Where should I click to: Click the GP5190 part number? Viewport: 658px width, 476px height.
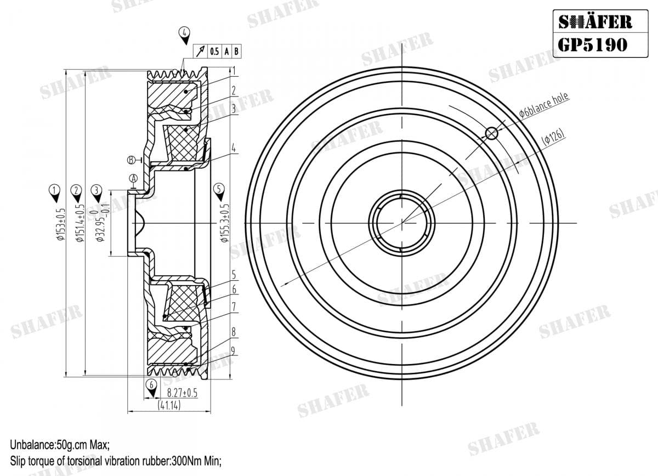592,45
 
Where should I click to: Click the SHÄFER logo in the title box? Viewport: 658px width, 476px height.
595,22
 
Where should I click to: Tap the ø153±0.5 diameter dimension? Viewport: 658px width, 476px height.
61,224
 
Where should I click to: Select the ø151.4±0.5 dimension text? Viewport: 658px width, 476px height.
80,223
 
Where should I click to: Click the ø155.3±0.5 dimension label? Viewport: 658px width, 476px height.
225,223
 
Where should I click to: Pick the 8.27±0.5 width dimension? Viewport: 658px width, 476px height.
182,393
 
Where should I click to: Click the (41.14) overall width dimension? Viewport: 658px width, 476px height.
169,405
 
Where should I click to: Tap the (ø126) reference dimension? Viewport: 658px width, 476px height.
553,137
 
